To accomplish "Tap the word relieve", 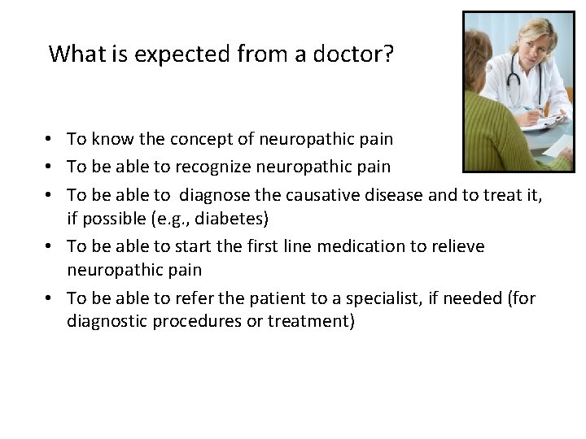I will (456, 246).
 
